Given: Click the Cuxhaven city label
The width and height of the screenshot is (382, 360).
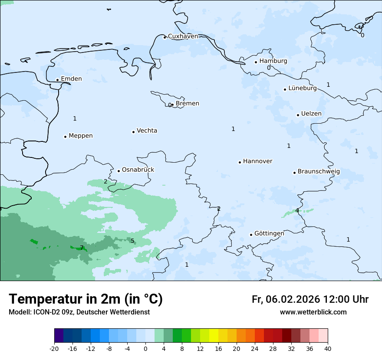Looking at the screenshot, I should coord(183,36).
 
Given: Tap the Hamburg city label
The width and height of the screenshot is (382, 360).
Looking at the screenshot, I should coord(273,61).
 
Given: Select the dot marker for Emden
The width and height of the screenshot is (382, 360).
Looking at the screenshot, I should coord(57,80).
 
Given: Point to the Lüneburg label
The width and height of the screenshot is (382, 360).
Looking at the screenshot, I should coord(302,88).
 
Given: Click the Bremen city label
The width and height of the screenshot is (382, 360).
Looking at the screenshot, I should coord(188,104).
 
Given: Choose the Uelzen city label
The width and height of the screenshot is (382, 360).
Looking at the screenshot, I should coord(311,114).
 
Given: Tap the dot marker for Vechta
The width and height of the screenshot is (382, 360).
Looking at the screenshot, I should coord(133,132).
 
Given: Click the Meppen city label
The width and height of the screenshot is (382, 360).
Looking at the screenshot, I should coord(81,136).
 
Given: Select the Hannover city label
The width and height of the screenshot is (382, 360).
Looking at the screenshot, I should coord(257,161).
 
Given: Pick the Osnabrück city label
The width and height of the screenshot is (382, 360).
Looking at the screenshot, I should coord(138,170).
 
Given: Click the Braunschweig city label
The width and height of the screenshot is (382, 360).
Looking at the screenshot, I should coord(319,172).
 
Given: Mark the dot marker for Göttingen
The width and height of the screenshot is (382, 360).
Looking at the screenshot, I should coord(251,235).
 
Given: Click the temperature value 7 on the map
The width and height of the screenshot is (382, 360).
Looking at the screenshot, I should coord(82,248).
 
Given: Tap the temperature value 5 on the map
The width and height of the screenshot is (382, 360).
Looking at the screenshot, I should coord(132,241).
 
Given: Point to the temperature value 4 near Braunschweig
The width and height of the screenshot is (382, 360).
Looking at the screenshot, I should coord(297,211).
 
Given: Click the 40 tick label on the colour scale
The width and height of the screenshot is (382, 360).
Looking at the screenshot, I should coord(327,349).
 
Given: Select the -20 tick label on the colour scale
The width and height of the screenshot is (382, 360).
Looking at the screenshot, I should coord(54,349).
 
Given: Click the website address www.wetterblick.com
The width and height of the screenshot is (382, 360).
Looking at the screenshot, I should coord(313,312).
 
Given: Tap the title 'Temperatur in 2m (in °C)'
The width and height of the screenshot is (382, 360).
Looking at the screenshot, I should coord(86,299).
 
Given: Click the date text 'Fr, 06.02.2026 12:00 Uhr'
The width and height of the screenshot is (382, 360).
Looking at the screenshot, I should coord(310,300).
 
